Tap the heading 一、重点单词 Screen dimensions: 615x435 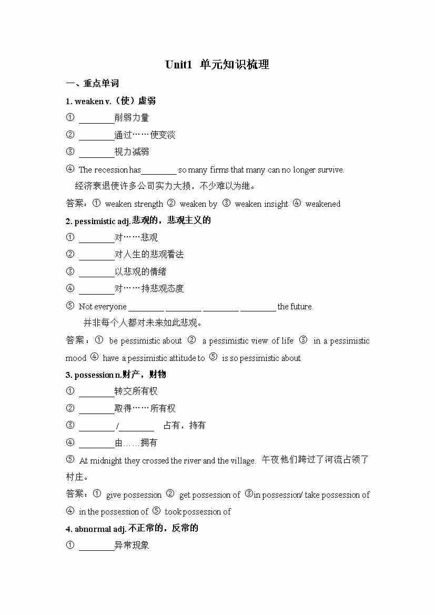point(93,83)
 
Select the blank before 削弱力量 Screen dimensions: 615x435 point(96,118)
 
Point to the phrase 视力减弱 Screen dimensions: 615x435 point(131,152)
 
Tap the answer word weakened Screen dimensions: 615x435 point(322,204)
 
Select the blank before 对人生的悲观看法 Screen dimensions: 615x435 point(96,255)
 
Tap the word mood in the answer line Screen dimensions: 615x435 point(76,358)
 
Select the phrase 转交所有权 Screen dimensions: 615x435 point(136,391)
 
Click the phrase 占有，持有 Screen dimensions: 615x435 point(185,425)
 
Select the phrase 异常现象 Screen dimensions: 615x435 point(131,546)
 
